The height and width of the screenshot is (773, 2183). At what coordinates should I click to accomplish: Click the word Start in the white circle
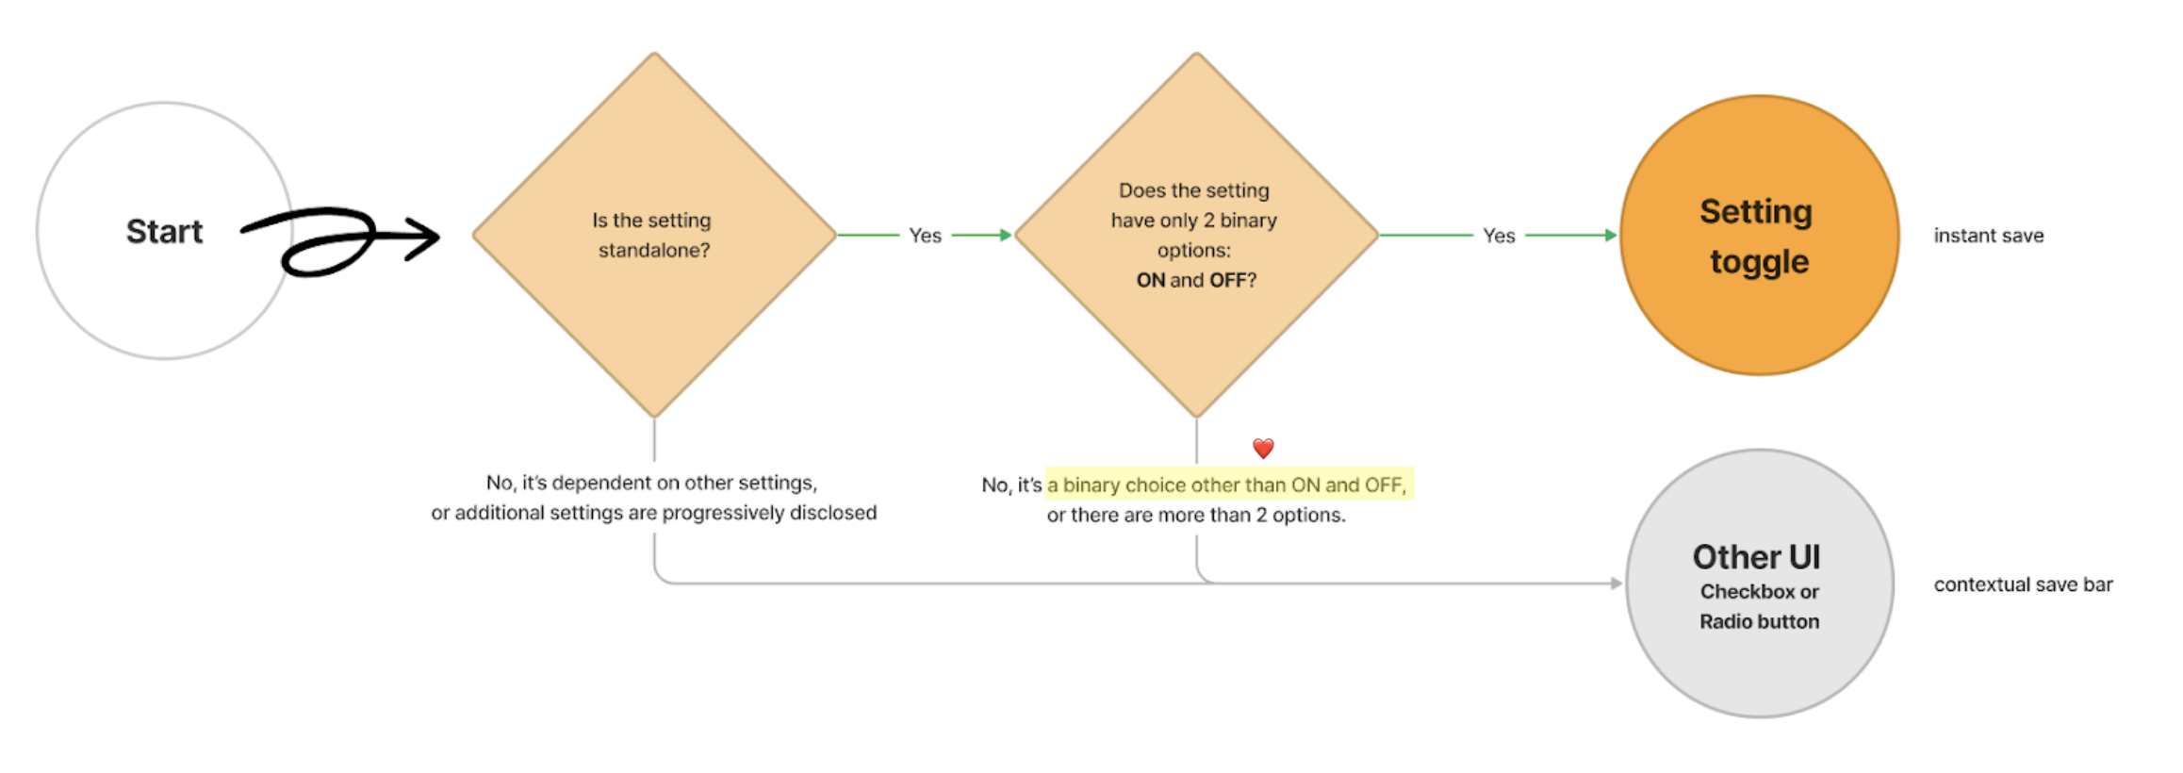[164, 232]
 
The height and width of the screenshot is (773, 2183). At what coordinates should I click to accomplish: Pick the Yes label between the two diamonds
[925, 236]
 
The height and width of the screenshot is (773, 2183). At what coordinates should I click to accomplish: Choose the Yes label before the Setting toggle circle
[1499, 236]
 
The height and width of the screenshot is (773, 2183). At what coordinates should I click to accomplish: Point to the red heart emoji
[1263, 448]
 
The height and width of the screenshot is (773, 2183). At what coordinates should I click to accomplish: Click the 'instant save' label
[1989, 236]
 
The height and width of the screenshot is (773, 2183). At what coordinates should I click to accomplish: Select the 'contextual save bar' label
[2023, 584]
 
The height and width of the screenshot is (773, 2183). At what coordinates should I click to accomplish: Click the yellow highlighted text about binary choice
[1227, 485]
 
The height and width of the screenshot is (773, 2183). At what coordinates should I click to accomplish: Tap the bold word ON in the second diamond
[1150, 280]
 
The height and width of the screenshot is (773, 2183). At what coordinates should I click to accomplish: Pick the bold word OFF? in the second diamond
[1233, 280]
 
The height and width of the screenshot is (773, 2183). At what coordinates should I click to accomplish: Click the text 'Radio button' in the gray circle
[1759, 621]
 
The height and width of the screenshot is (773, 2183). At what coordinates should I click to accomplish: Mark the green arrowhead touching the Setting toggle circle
[1611, 235]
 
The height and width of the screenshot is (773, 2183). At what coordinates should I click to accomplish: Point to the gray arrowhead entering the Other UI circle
[1616, 584]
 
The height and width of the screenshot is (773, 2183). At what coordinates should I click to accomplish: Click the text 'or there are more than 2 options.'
[1195, 515]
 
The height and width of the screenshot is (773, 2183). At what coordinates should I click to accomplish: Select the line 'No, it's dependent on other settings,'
[651, 483]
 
